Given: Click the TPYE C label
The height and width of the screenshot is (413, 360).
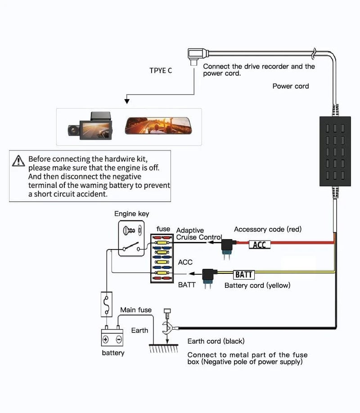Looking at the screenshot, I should point(161,70).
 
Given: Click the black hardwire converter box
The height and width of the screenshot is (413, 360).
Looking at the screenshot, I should point(335,151).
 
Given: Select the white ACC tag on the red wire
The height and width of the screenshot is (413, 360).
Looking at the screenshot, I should point(259,245).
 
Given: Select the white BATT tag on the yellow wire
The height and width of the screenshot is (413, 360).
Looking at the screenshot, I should point(244,274).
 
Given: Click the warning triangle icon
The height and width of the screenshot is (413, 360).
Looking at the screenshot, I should point(18,160).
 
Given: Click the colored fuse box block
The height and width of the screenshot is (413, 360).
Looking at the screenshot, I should point(162,258).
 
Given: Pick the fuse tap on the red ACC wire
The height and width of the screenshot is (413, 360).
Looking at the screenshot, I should point(227,247).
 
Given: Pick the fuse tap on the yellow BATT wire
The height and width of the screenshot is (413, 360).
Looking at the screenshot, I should point(209,277).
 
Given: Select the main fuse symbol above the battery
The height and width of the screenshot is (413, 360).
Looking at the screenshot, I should point(106,304).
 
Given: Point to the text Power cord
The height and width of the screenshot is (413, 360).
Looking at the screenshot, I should point(291,86).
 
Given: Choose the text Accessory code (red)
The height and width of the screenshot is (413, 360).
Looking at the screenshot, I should point(268,229).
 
